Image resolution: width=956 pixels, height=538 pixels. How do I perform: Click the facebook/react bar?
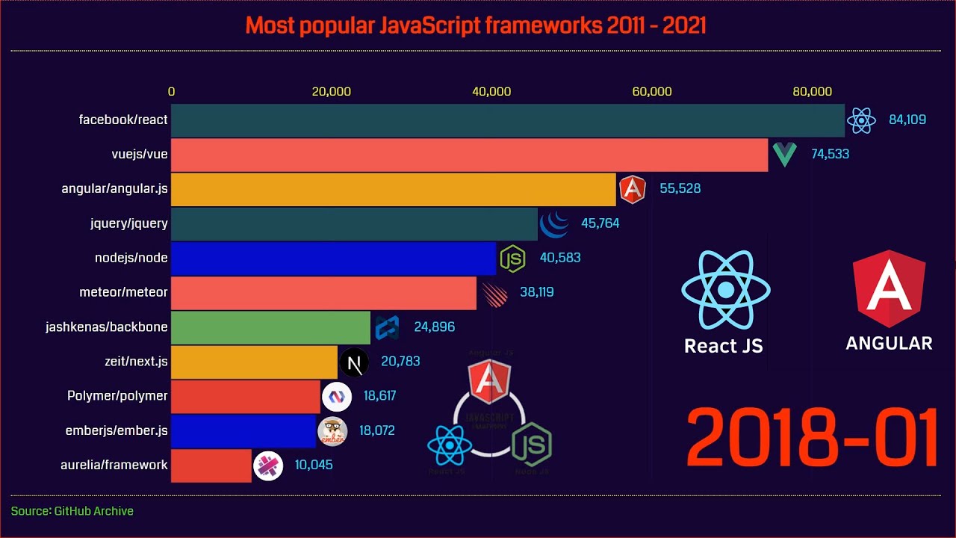508,120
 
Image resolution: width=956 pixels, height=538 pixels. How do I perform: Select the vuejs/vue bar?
469,155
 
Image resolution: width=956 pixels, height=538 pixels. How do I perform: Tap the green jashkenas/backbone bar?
270,327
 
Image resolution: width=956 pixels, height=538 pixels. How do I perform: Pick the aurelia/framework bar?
211,465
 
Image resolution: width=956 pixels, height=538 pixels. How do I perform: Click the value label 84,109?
907,120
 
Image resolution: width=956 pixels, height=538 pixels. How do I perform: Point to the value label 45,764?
600,223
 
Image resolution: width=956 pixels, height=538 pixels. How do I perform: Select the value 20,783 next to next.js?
400,362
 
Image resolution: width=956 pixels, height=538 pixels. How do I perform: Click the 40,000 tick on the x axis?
491,92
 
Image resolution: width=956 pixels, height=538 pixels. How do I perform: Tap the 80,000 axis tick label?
811,92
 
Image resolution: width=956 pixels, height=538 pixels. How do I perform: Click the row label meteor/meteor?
123,292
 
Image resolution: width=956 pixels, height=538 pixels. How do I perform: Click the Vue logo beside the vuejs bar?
784,154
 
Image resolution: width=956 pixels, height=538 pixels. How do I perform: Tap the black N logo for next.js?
355,363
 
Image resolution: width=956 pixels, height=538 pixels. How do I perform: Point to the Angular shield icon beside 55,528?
632,189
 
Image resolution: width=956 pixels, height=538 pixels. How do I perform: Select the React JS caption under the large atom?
724,346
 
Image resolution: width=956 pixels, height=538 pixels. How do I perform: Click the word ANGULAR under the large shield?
889,344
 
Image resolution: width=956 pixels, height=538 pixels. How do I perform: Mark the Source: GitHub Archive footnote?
72,511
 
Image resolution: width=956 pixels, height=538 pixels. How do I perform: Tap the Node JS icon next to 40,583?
512,259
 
